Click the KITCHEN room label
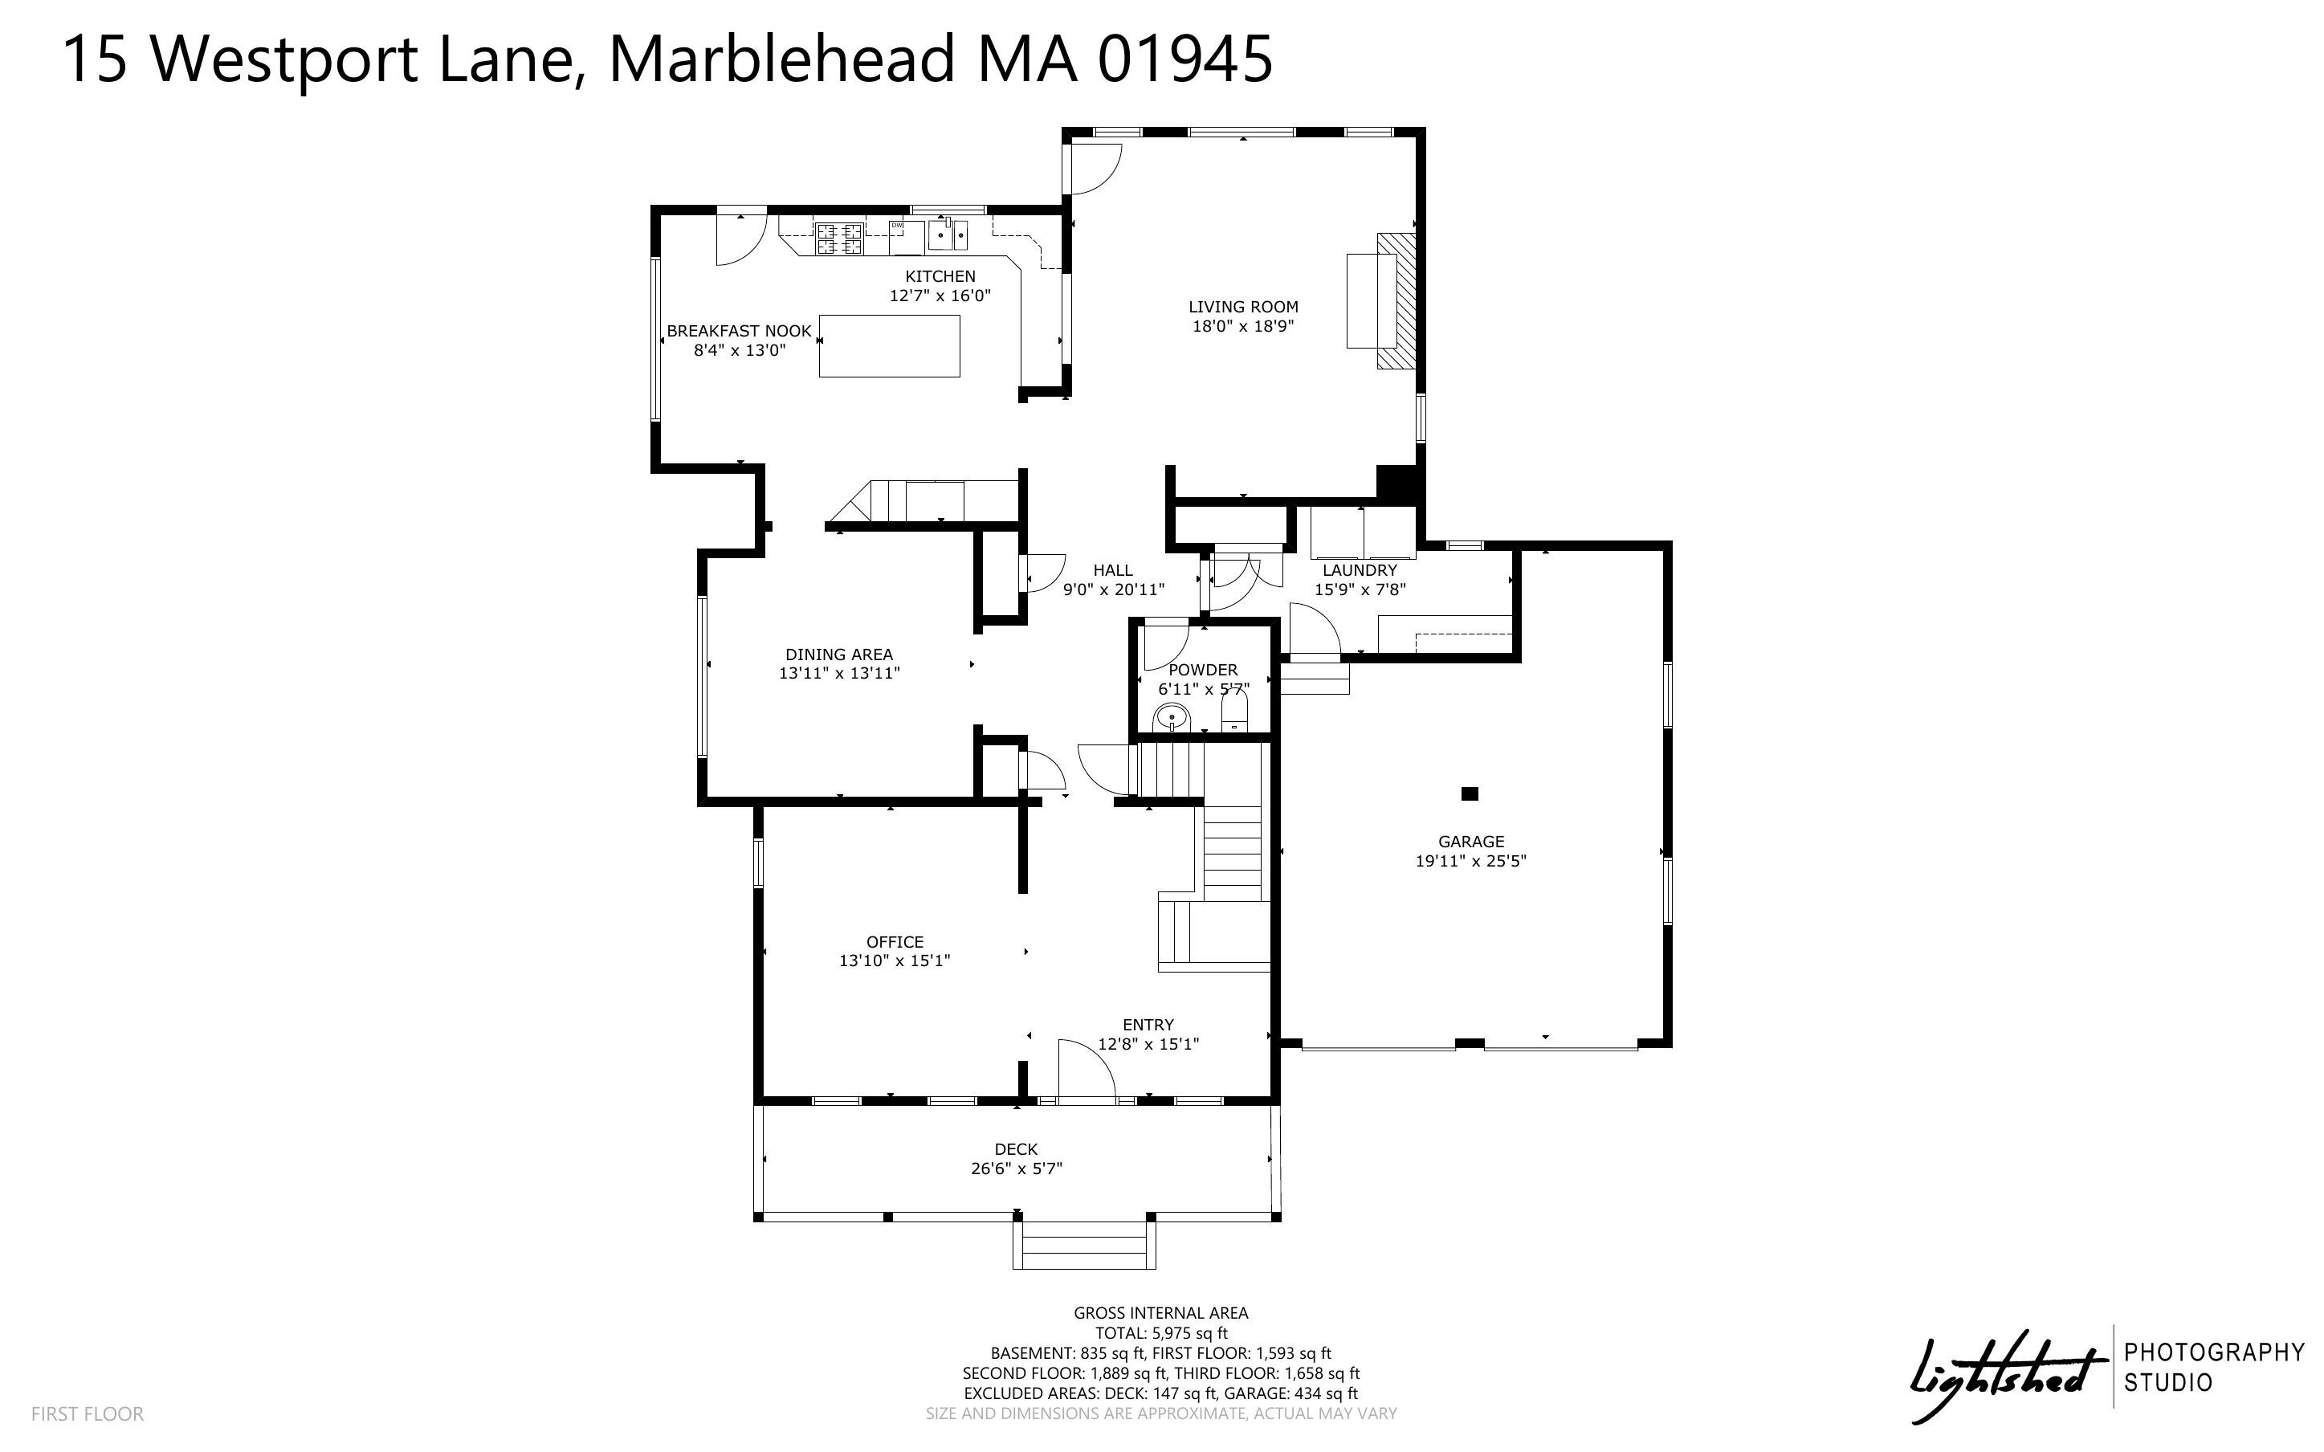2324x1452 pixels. click(940, 276)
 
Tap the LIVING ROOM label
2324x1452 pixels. click(1243, 308)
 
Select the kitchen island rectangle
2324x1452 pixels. click(889, 345)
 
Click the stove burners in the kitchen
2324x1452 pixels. click(840, 239)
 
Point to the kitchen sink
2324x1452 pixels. click(948, 235)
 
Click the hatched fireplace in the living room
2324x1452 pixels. click(1396, 300)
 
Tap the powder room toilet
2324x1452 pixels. click(1234, 712)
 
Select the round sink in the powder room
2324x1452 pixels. click(1171, 716)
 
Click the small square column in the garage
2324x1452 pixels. click(1469, 793)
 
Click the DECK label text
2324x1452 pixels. click(1016, 1149)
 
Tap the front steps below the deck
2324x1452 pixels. click(1084, 1245)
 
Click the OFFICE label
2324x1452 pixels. click(895, 942)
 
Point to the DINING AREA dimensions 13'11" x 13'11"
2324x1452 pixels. click(839, 673)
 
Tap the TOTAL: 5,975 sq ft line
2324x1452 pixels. click(1161, 1333)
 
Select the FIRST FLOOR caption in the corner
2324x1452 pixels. click(88, 1413)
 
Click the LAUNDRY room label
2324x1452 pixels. click(1360, 570)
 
